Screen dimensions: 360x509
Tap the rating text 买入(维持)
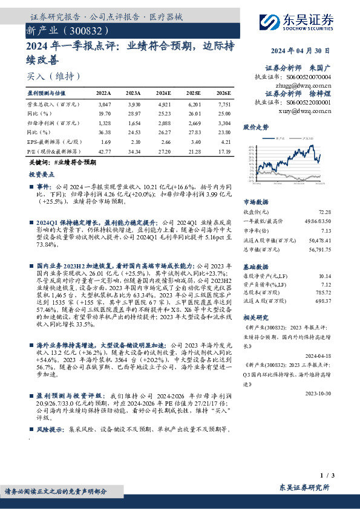(53, 77)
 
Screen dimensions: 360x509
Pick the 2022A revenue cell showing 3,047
(103, 104)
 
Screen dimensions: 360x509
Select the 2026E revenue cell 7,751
(224, 104)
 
